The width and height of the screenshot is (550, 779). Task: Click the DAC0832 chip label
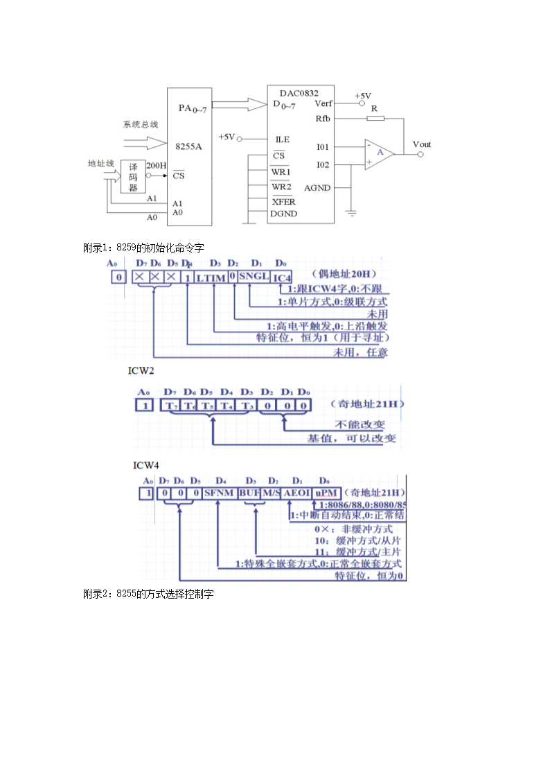299,93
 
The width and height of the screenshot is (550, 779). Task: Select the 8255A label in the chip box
189,146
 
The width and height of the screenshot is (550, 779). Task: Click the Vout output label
421,144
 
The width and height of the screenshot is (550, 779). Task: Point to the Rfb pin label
323,119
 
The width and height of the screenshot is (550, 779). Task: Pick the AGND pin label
317,188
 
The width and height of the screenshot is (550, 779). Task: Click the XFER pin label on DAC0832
283,202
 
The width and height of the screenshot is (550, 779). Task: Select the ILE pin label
282,139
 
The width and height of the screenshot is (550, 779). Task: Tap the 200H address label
157,165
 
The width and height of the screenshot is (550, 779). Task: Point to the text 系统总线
141,124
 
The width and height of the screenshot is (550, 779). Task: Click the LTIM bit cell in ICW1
211,277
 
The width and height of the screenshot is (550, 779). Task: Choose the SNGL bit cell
254,277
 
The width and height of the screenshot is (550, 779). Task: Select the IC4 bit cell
282,277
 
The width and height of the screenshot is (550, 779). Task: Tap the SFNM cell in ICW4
220,493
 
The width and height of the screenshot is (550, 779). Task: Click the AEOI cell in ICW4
297,493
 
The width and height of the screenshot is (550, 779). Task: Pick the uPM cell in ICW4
326,493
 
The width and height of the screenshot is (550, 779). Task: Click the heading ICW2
141,370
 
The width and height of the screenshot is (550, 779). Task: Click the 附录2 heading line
149,594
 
